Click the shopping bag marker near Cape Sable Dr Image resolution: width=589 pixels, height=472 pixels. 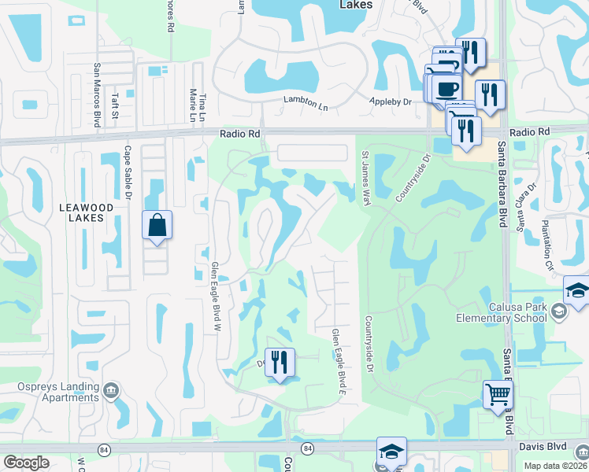coord(157,225)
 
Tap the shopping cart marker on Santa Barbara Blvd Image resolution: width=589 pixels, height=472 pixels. coord(498,395)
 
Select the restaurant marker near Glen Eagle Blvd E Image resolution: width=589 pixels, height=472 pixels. coord(280,363)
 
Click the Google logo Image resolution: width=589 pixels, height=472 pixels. coord(26,463)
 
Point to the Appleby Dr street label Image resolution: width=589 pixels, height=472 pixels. coord(391,102)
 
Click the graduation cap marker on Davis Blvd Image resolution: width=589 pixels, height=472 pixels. coord(391,452)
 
